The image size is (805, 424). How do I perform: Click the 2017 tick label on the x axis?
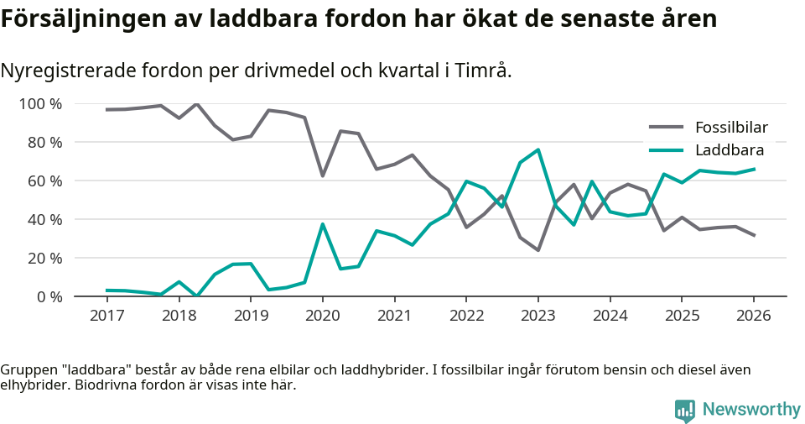point(106,316)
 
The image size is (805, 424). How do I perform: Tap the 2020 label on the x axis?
point(322,316)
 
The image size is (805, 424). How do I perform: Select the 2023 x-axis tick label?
point(538,316)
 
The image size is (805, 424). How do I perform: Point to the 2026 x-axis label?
point(753,316)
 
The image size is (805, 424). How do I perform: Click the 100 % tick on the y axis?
point(41,104)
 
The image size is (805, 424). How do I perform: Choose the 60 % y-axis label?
point(44,181)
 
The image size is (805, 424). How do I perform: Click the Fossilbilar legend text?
point(731,128)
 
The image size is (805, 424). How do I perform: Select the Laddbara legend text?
point(729,150)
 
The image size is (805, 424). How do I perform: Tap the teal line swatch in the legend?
point(667,150)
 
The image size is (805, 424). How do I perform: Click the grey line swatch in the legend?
point(667,128)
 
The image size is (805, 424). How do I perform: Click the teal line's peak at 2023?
point(538,149)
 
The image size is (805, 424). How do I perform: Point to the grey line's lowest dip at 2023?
point(538,250)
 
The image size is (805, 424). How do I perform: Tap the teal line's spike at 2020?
point(322,224)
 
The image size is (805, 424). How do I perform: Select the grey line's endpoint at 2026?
point(753,235)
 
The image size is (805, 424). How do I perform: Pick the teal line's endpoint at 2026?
point(753,169)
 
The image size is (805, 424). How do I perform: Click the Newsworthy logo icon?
point(684,410)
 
